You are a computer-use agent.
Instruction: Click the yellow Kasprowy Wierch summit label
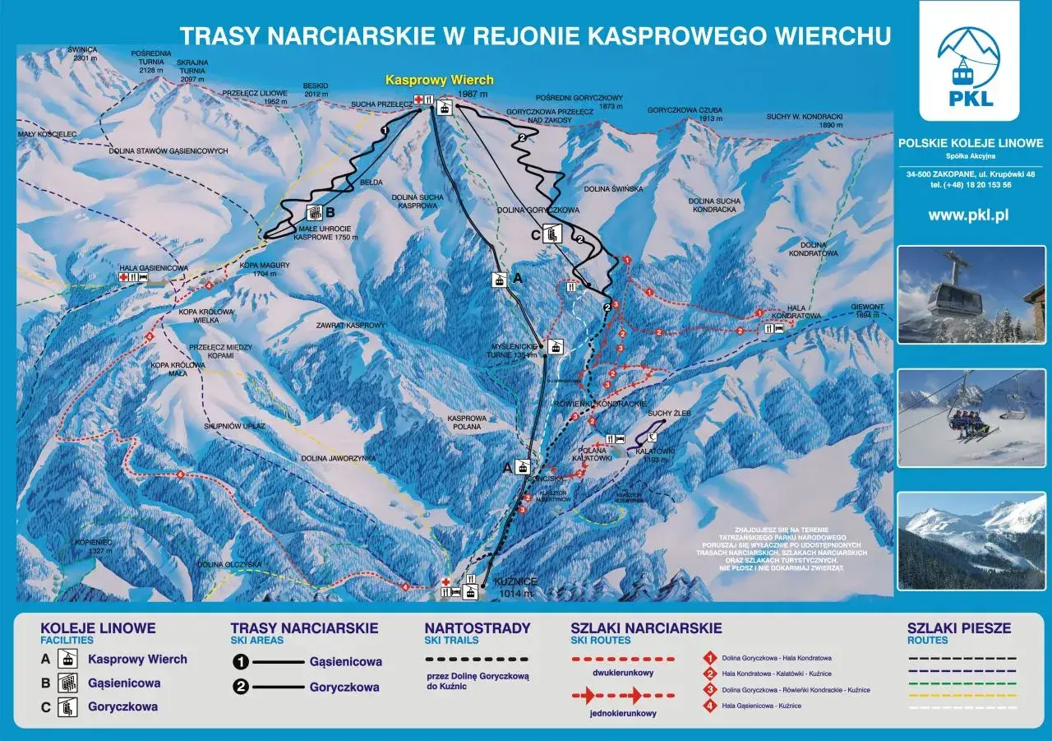440,80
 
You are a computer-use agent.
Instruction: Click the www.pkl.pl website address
968,215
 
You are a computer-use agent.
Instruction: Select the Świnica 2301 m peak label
83,54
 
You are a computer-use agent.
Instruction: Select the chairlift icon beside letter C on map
552,234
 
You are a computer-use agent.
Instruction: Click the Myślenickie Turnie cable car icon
556,347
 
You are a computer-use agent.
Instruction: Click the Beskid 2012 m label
316,90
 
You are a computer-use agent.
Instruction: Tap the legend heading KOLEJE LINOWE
98,628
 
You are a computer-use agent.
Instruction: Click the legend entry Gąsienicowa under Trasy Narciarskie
345,661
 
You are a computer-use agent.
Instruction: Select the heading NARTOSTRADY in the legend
478,628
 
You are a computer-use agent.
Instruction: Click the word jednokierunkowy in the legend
624,713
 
